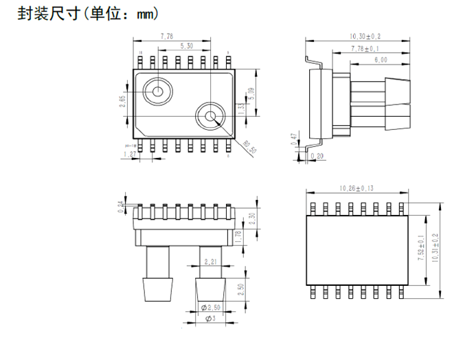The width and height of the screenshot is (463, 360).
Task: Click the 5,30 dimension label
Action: point(185,46)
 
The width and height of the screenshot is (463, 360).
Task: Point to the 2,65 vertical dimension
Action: point(122,102)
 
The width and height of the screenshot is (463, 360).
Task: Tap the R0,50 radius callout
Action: point(250,147)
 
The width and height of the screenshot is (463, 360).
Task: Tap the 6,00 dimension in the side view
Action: point(381,60)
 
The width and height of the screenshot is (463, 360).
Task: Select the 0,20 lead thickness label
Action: point(317,157)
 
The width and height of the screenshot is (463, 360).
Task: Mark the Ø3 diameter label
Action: point(210,319)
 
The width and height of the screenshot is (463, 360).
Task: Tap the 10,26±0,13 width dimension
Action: point(359,188)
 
